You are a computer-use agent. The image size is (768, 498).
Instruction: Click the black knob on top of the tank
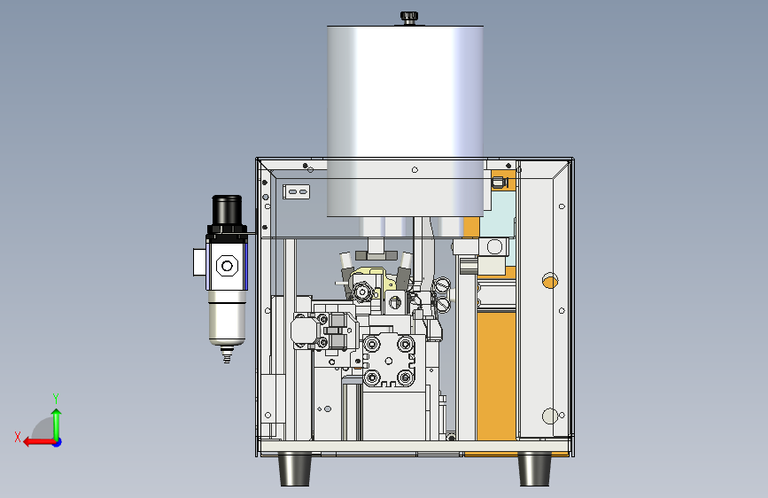[x=409, y=17]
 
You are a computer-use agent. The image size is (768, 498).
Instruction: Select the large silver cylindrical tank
[x=405, y=121]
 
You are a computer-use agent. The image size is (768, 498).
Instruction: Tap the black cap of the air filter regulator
[x=227, y=210]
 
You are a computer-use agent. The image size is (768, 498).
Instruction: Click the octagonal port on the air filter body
[x=227, y=266]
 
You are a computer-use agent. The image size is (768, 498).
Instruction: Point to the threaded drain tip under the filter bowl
[x=226, y=354]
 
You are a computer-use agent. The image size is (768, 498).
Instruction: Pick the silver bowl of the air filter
[x=227, y=320]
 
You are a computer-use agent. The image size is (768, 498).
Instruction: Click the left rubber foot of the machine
[x=294, y=470]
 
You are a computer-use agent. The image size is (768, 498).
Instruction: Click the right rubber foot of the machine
[x=534, y=470]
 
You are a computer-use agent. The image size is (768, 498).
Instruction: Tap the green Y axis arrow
[x=57, y=424]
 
